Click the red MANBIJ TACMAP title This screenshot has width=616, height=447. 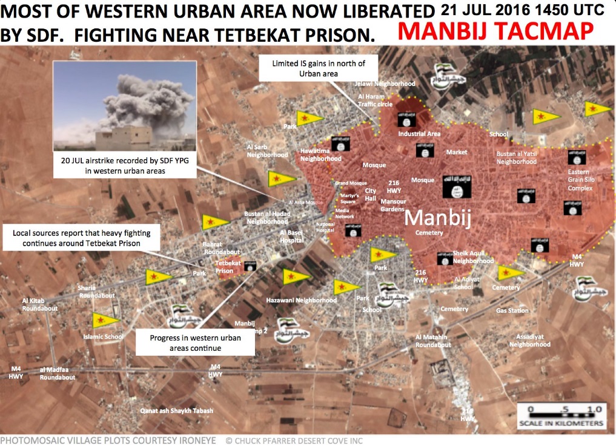(x=495, y=31)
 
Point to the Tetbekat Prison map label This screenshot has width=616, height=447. (x=228, y=267)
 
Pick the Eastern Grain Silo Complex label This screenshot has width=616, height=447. (x=580, y=180)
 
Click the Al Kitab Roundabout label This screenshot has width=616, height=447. (x=40, y=304)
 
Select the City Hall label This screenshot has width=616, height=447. (x=370, y=195)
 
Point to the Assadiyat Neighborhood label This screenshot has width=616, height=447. (x=529, y=340)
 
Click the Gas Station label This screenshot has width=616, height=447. (x=512, y=310)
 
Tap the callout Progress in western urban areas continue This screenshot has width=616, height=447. (x=195, y=343)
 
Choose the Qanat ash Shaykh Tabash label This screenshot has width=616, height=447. (x=177, y=411)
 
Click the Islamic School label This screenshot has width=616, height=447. (x=104, y=337)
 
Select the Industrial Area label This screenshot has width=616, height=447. (x=419, y=134)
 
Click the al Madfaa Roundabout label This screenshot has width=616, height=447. (x=58, y=373)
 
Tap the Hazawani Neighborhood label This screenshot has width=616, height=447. (x=301, y=300)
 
